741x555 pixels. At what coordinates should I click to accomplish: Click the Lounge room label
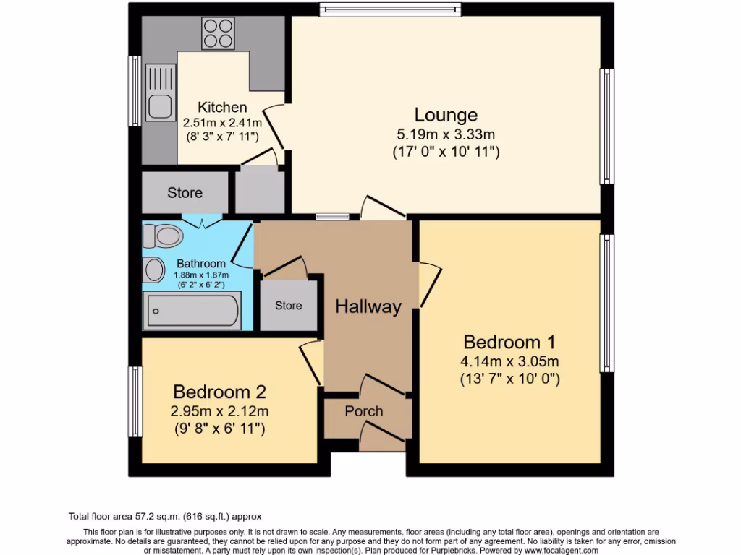[x=446, y=115]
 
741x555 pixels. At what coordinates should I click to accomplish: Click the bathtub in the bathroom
[x=192, y=311]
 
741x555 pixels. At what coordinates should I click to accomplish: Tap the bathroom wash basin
[x=154, y=270]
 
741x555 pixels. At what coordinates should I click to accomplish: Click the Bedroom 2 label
[x=219, y=392]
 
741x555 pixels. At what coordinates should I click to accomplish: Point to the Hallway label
[x=368, y=306]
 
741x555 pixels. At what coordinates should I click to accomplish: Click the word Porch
[x=363, y=411]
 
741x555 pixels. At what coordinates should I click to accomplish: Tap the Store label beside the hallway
[x=288, y=306]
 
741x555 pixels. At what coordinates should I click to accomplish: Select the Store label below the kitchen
[x=185, y=193]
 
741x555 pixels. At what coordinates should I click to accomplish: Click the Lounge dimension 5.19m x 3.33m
[x=446, y=134]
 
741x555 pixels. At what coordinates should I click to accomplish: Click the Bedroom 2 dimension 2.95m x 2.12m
[x=219, y=411]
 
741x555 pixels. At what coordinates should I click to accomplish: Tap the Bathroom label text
[x=201, y=264]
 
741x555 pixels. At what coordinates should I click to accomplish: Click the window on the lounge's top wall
[x=390, y=9]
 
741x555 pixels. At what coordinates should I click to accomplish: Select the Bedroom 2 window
[x=135, y=402]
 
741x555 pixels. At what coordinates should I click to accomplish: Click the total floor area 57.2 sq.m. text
[x=165, y=516]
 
